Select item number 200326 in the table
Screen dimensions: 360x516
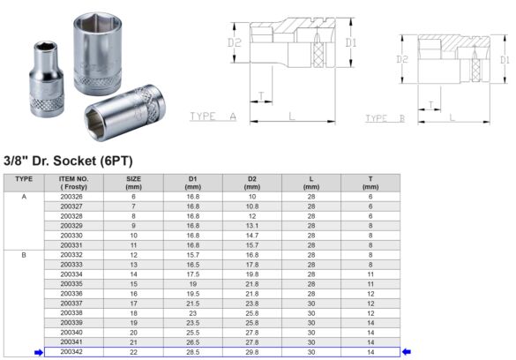click(x=72, y=196)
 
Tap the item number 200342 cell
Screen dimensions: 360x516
click(x=72, y=351)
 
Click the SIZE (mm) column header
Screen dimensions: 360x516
click(x=134, y=183)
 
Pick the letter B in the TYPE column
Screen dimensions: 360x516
click(x=24, y=254)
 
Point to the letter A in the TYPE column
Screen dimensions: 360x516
click(x=24, y=196)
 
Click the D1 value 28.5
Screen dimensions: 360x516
click(x=193, y=351)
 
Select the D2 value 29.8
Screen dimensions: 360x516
click(x=252, y=351)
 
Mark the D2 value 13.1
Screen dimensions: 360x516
click(x=252, y=225)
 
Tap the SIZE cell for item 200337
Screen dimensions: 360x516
click(x=134, y=303)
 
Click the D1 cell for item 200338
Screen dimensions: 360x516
click(x=193, y=312)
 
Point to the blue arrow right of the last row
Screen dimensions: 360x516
click(x=407, y=352)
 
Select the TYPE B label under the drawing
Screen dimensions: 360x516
click(x=385, y=117)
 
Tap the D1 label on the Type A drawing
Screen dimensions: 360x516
click(x=351, y=41)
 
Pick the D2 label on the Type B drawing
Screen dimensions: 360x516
click(x=402, y=60)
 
